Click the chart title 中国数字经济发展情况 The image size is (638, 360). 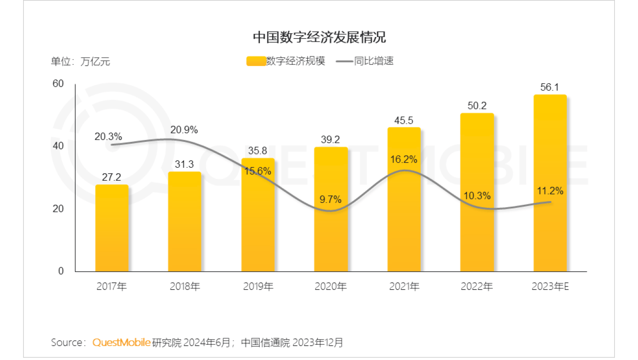pos(319,37)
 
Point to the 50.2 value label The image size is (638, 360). pos(477,106)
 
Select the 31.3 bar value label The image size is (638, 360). pos(185,165)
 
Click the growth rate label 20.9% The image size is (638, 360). pos(184,130)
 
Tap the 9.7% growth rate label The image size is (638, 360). pos(331,200)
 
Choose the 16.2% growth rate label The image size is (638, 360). pos(404,159)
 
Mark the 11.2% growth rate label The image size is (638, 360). pos(550,191)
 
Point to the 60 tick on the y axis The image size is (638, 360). pos(58,84)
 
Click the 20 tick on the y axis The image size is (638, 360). pos(58,208)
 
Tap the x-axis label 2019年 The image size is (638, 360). pos(258,287)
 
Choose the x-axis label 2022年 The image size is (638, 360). pos(477,287)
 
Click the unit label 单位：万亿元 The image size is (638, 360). pos(80,61)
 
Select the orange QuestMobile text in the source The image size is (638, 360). pos(122,342)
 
